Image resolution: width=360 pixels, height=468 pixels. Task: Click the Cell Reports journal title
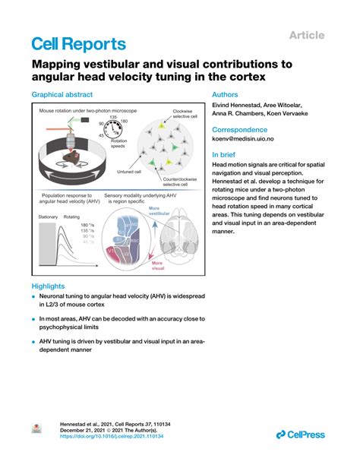pyautogui.click(x=78, y=44)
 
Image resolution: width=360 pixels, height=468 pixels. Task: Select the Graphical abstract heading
pyautogui.click(x=62, y=95)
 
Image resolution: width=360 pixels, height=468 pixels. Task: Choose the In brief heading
pyautogui.click(x=225, y=154)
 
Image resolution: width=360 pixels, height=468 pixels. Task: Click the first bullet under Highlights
pyautogui.click(x=34, y=298)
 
